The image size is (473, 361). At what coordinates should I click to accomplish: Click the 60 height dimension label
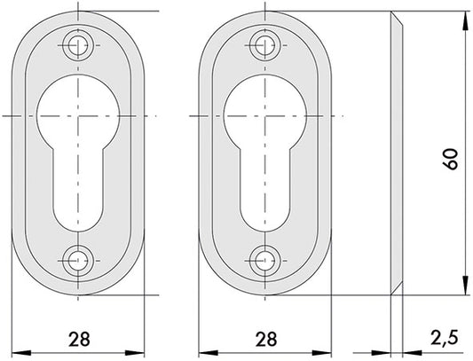click(x=450, y=159)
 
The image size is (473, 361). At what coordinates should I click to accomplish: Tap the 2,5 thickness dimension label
click(x=445, y=337)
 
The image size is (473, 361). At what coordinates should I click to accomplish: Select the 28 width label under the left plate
click(x=79, y=339)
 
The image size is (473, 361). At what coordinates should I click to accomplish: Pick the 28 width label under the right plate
click(x=265, y=339)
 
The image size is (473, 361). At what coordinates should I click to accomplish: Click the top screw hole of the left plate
click(x=78, y=46)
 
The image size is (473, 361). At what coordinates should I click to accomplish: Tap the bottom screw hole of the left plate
click(x=78, y=261)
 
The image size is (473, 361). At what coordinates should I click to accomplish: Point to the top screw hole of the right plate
click(x=264, y=46)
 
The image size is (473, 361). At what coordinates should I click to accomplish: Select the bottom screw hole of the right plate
click(x=264, y=261)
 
